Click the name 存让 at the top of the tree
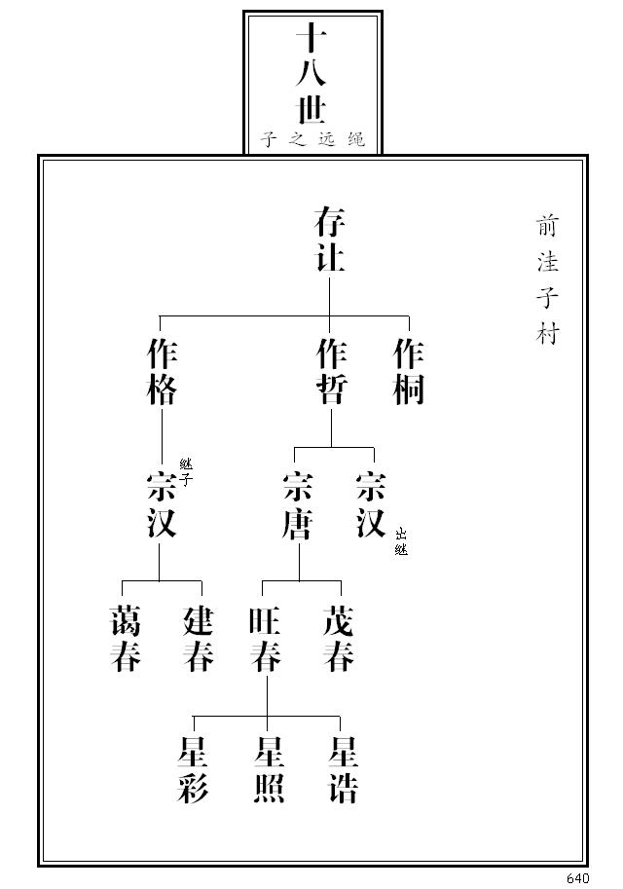tap(330, 240)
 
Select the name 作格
tap(162, 371)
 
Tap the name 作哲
tap(331, 371)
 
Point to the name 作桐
tap(409, 371)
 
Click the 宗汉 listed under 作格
tap(161, 504)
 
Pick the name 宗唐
tap(297, 504)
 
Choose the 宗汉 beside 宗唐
tap(371, 504)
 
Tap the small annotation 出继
tap(401, 541)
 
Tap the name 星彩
tap(193, 769)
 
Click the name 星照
tap(268, 769)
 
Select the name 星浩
tap(343, 769)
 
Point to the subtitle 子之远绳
tap(312, 139)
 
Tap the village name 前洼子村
tap(547, 279)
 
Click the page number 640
tap(577, 878)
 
